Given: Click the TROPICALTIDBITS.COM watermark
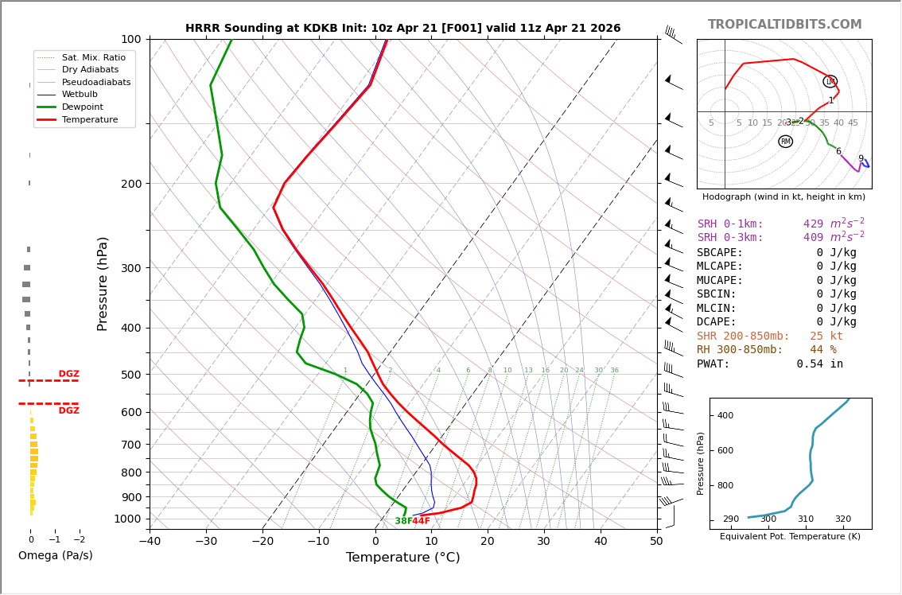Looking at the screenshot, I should pos(784,25).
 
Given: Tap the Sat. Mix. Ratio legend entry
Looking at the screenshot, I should pos(93,58).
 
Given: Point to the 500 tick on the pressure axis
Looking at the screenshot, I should pos(131,375).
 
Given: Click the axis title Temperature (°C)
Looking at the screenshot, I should pos(402,558).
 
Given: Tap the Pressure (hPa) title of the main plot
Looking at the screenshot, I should pos(103,283).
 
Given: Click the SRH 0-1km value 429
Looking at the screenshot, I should pos(813,224).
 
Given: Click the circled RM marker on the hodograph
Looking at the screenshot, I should pos(785,142).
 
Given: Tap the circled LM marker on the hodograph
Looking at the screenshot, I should pos(830,81).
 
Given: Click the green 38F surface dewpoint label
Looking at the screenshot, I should pos(403,521).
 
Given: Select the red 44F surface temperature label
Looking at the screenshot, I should pos(421,521).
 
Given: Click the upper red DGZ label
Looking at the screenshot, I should pos(68,374).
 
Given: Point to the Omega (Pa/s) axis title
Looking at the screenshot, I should pos(55,555).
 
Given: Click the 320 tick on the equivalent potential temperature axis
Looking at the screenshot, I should pos(842,519).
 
